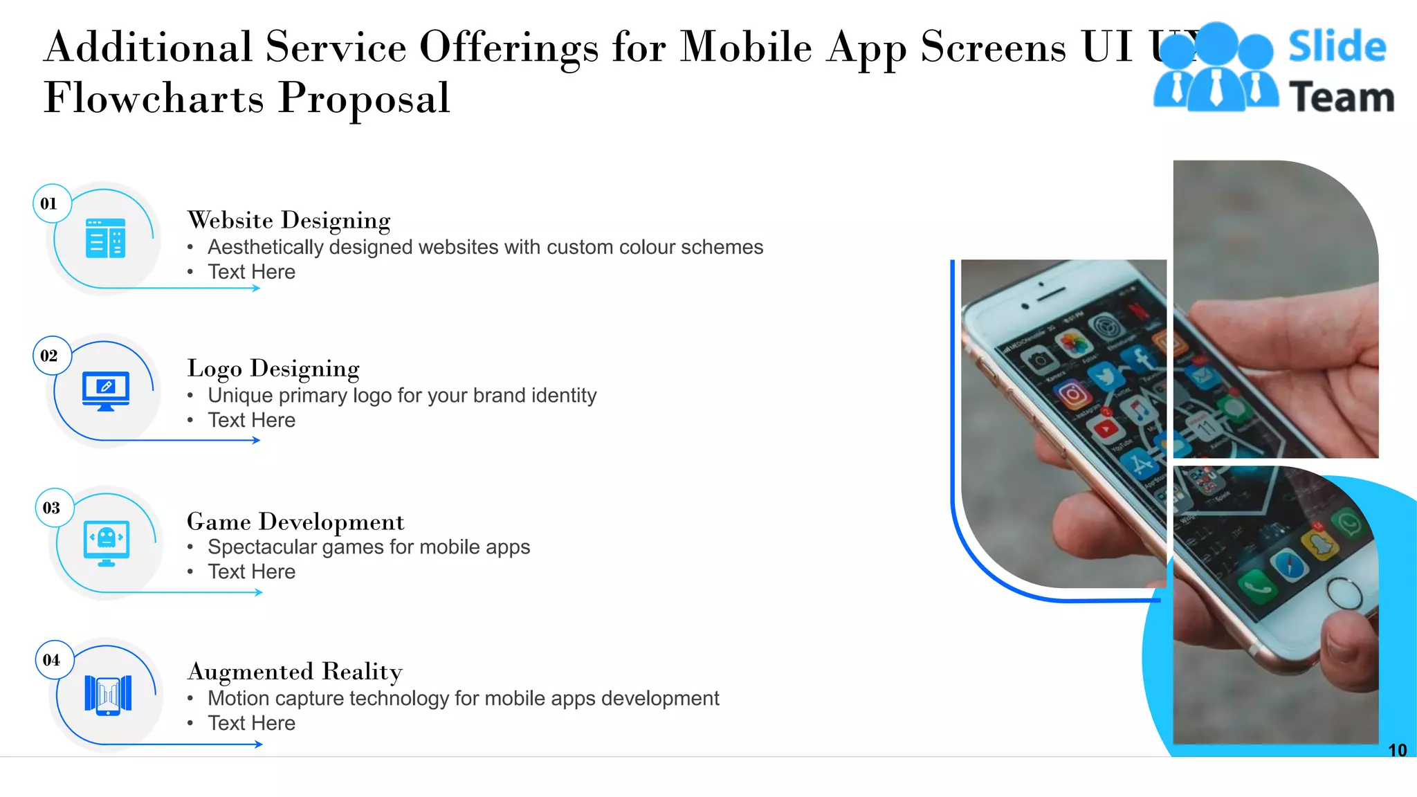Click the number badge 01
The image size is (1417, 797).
click(x=49, y=203)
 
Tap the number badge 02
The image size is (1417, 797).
click(x=49, y=356)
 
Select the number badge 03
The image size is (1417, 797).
click(x=52, y=508)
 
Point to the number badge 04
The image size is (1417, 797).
click(x=52, y=660)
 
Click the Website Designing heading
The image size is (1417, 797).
click(x=289, y=220)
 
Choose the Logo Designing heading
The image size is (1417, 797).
click(x=273, y=368)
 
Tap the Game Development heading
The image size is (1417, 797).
click(x=295, y=521)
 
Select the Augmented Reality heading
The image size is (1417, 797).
click(x=295, y=671)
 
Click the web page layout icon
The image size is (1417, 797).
click(x=106, y=238)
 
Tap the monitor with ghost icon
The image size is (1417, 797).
click(x=107, y=542)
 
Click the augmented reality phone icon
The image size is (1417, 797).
click(x=108, y=694)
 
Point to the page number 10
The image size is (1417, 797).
click(x=1397, y=750)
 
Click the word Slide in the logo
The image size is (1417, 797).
click(x=1337, y=47)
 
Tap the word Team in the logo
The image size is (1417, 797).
click(x=1341, y=97)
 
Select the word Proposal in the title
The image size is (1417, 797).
click(x=364, y=98)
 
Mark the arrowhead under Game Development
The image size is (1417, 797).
click(x=259, y=592)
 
